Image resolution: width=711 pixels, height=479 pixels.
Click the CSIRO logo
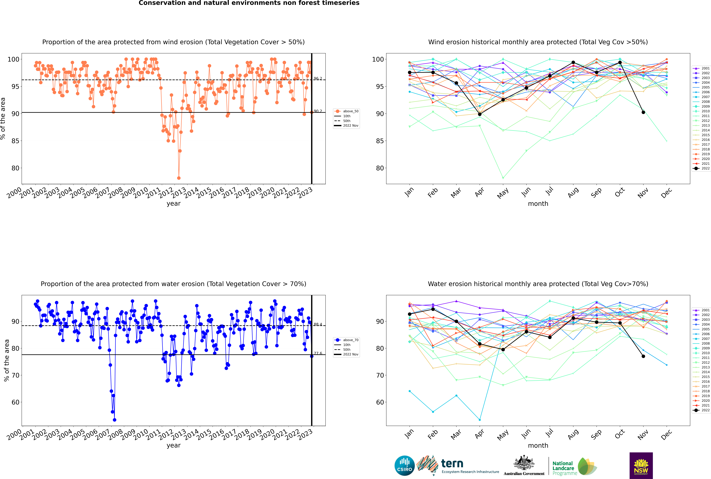pyautogui.click(x=404, y=466)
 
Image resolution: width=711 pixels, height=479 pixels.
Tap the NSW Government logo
pyautogui.click(x=641, y=465)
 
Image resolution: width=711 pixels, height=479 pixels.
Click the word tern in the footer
pyautogui.click(x=452, y=463)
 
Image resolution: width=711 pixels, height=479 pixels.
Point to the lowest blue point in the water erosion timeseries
pyautogui.click(x=115, y=420)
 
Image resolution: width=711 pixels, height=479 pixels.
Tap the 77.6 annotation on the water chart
pyautogui.click(x=318, y=353)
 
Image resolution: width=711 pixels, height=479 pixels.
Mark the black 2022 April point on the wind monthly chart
pyautogui.click(x=480, y=114)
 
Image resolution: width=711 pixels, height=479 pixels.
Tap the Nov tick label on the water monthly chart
pyautogui.click(x=643, y=435)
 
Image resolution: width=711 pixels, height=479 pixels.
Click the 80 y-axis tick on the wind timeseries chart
pyautogui.click(x=15, y=168)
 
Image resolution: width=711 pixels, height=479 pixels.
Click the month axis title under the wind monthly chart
pyautogui.click(x=538, y=204)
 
